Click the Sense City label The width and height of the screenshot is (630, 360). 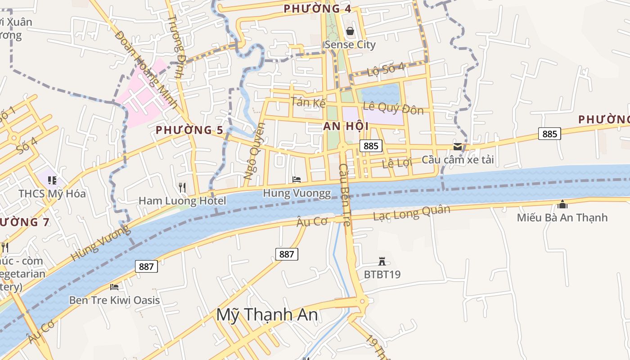(350, 45)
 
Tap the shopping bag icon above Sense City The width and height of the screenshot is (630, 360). (350, 31)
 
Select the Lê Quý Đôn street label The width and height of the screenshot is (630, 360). (393, 108)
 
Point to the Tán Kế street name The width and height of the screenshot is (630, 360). (308, 102)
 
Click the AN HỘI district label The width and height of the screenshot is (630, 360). (346, 126)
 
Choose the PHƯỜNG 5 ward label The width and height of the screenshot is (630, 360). (189, 130)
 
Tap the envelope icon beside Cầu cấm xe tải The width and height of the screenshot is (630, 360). (458, 147)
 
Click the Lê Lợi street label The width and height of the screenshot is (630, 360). (397, 163)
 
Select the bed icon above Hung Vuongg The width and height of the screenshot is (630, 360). (297, 180)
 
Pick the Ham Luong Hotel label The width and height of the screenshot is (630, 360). (182, 201)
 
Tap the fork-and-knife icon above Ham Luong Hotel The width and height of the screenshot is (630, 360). (182, 187)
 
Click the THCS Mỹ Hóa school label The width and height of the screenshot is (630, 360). (52, 194)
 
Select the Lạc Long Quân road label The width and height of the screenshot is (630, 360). (411, 212)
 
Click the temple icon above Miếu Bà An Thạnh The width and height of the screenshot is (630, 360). (562, 204)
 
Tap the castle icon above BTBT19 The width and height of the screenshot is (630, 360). (382, 261)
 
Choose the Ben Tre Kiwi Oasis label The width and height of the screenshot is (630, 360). (114, 300)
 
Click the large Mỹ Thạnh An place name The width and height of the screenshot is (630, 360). (267, 315)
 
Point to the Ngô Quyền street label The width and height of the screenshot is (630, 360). (255, 152)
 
